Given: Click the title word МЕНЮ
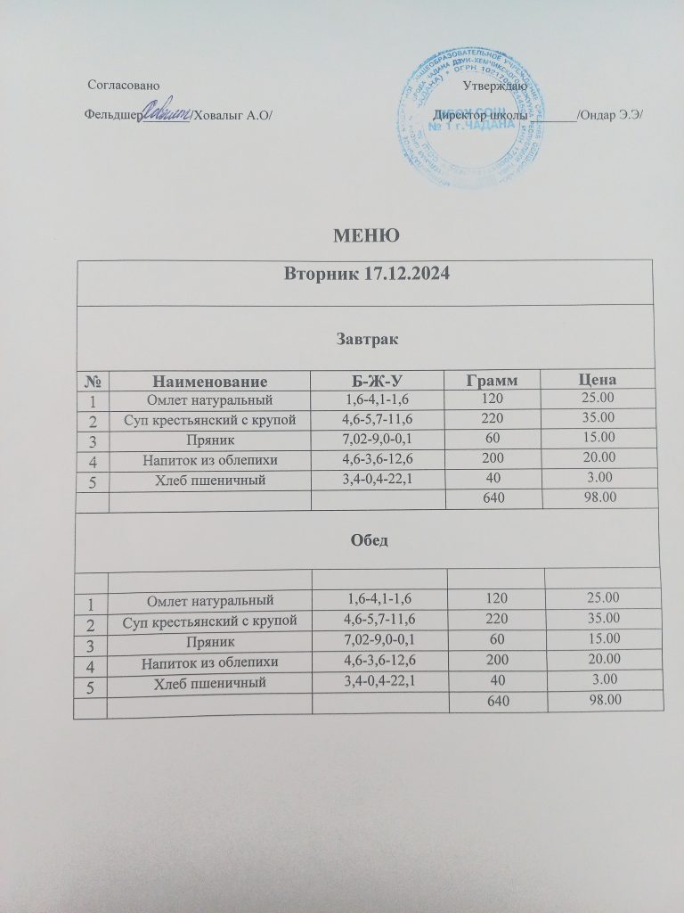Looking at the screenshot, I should tap(364, 235).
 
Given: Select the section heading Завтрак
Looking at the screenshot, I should tap(366, 339).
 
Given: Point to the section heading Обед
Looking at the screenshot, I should tap(366, 541).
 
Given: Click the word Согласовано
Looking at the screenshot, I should tap(125, 86).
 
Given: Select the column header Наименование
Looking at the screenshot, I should tap(209, 381).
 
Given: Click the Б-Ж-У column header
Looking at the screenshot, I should tap(379, 381).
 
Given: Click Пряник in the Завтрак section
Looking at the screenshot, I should tap(209, 440).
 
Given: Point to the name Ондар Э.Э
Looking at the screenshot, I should tap(614, 115).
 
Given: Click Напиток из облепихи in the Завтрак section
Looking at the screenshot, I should tap(209, 461).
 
